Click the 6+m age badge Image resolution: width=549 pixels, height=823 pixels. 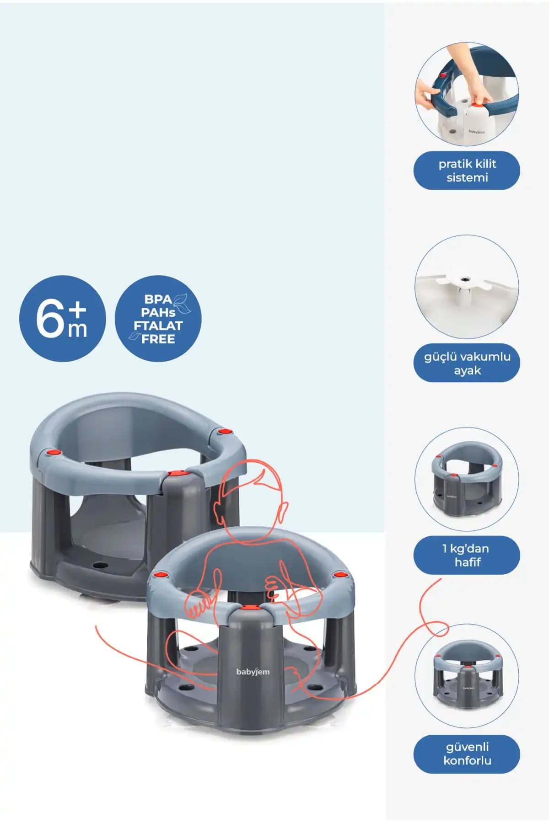point(62,319)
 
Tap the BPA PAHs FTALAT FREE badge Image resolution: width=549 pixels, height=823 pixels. point(158,319)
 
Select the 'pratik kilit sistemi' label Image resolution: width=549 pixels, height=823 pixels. point(467,171)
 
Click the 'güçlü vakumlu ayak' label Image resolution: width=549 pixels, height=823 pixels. point(467,363)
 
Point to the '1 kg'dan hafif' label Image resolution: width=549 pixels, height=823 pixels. point(467,555)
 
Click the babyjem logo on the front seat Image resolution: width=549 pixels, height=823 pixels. point(253,672)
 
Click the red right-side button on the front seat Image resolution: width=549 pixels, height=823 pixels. point(339,574)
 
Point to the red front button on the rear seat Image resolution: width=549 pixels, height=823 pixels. point(175,474)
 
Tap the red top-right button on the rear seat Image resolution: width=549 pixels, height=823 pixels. point(224,431)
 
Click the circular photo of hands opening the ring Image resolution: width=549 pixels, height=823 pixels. point(467,95)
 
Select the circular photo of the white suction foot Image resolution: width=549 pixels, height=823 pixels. point(467,287)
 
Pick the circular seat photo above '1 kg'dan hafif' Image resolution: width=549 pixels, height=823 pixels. point(467,479)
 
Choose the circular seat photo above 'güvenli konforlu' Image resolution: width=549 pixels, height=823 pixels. point(467,676)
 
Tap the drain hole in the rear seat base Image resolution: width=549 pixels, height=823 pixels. point(98,565)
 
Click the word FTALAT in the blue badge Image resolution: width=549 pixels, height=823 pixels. point(158,326)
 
